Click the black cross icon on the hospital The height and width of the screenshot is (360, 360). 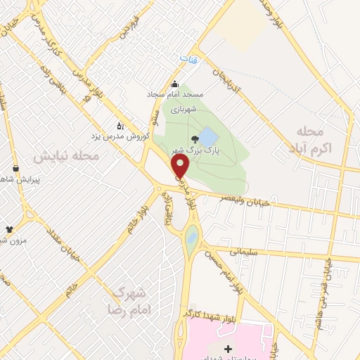[x=228, y=349]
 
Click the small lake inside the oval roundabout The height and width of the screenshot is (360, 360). [x=191, y=241]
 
